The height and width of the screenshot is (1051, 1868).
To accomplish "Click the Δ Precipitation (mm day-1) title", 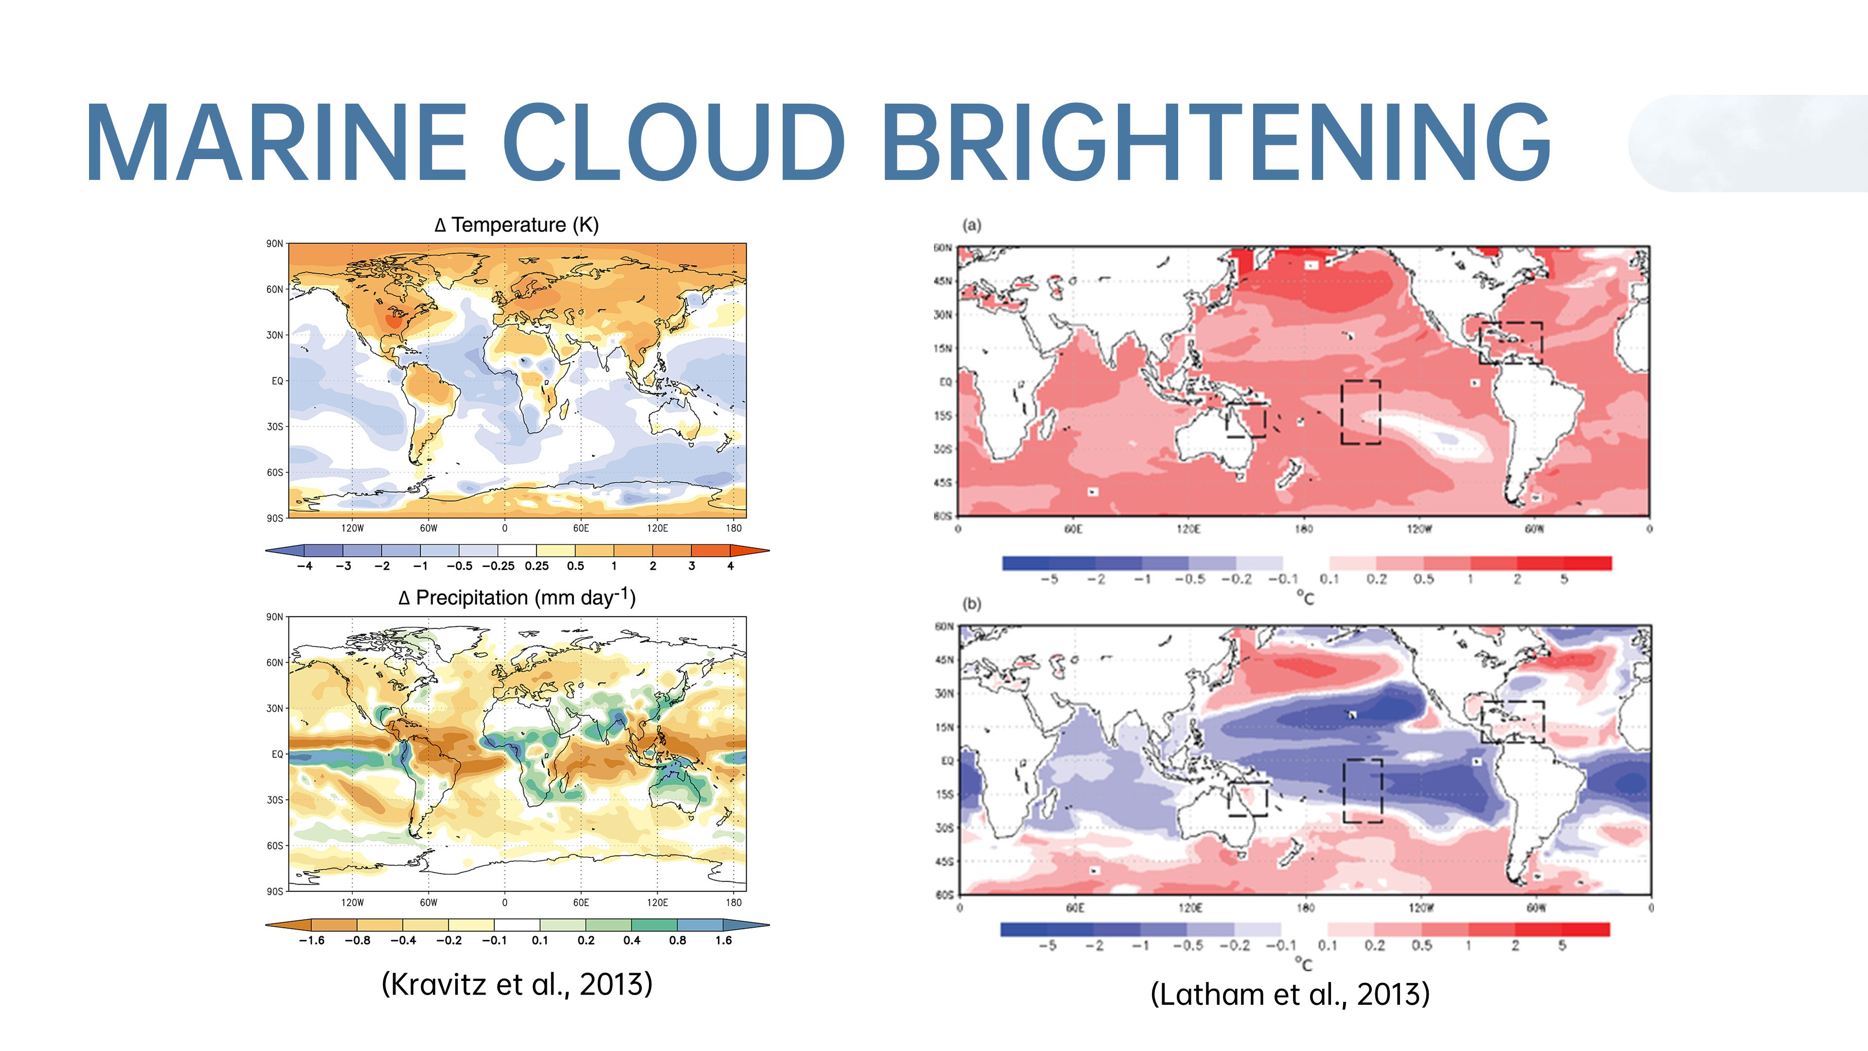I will point(516,598).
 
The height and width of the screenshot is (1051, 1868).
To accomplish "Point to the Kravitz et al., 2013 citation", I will point(516,984).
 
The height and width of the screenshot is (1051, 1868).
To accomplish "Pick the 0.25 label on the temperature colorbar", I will point(537,566).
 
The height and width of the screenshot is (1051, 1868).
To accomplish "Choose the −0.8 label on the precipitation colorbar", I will point(358,940).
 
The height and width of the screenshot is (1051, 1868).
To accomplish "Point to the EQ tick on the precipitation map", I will point(277,754).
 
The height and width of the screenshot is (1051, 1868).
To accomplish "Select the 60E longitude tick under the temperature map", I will point(581,528).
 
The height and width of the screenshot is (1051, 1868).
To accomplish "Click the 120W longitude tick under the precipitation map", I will point(352,902).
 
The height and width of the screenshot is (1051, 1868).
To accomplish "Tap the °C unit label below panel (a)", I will point(1305,598).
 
